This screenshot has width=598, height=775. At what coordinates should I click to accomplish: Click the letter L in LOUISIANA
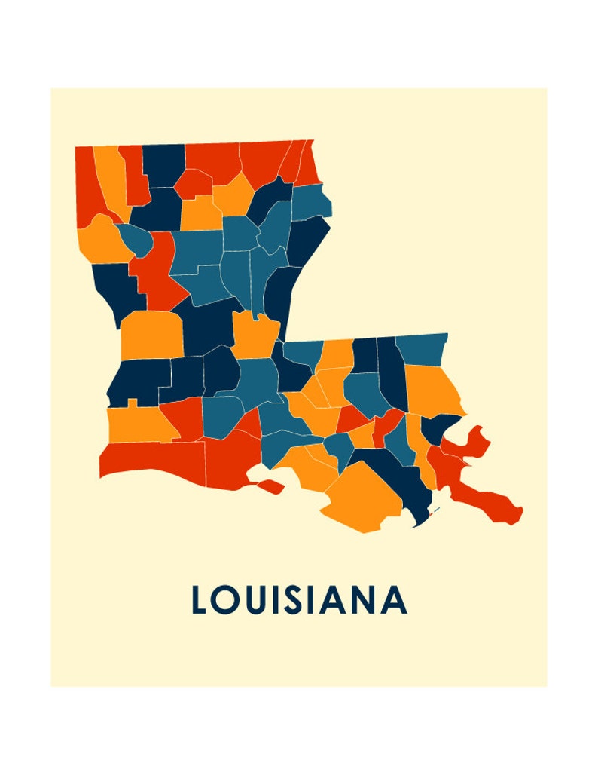click(200, 600)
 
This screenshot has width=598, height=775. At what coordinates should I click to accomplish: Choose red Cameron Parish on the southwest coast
click(151, 460)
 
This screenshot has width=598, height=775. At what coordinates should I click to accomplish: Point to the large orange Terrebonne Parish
click(362, 498)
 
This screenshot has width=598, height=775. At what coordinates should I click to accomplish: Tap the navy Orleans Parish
click(441, 428)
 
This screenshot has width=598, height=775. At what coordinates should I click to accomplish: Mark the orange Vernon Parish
click(151, 335)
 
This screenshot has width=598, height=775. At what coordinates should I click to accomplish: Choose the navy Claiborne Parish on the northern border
click(163, 164)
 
